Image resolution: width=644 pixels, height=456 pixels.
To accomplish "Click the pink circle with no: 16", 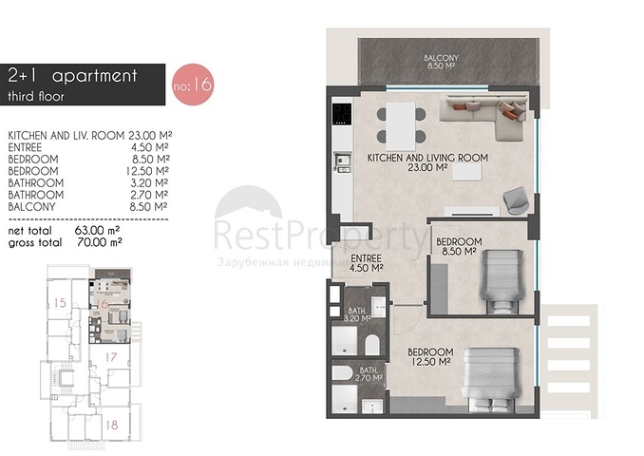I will tap(192, 85).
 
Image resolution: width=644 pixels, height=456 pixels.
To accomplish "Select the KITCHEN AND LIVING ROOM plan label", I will tap(427, 161).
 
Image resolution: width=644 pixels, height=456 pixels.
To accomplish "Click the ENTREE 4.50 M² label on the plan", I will tap(366, 262).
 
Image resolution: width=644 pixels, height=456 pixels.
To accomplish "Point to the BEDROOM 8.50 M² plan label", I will tap(459, 247).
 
